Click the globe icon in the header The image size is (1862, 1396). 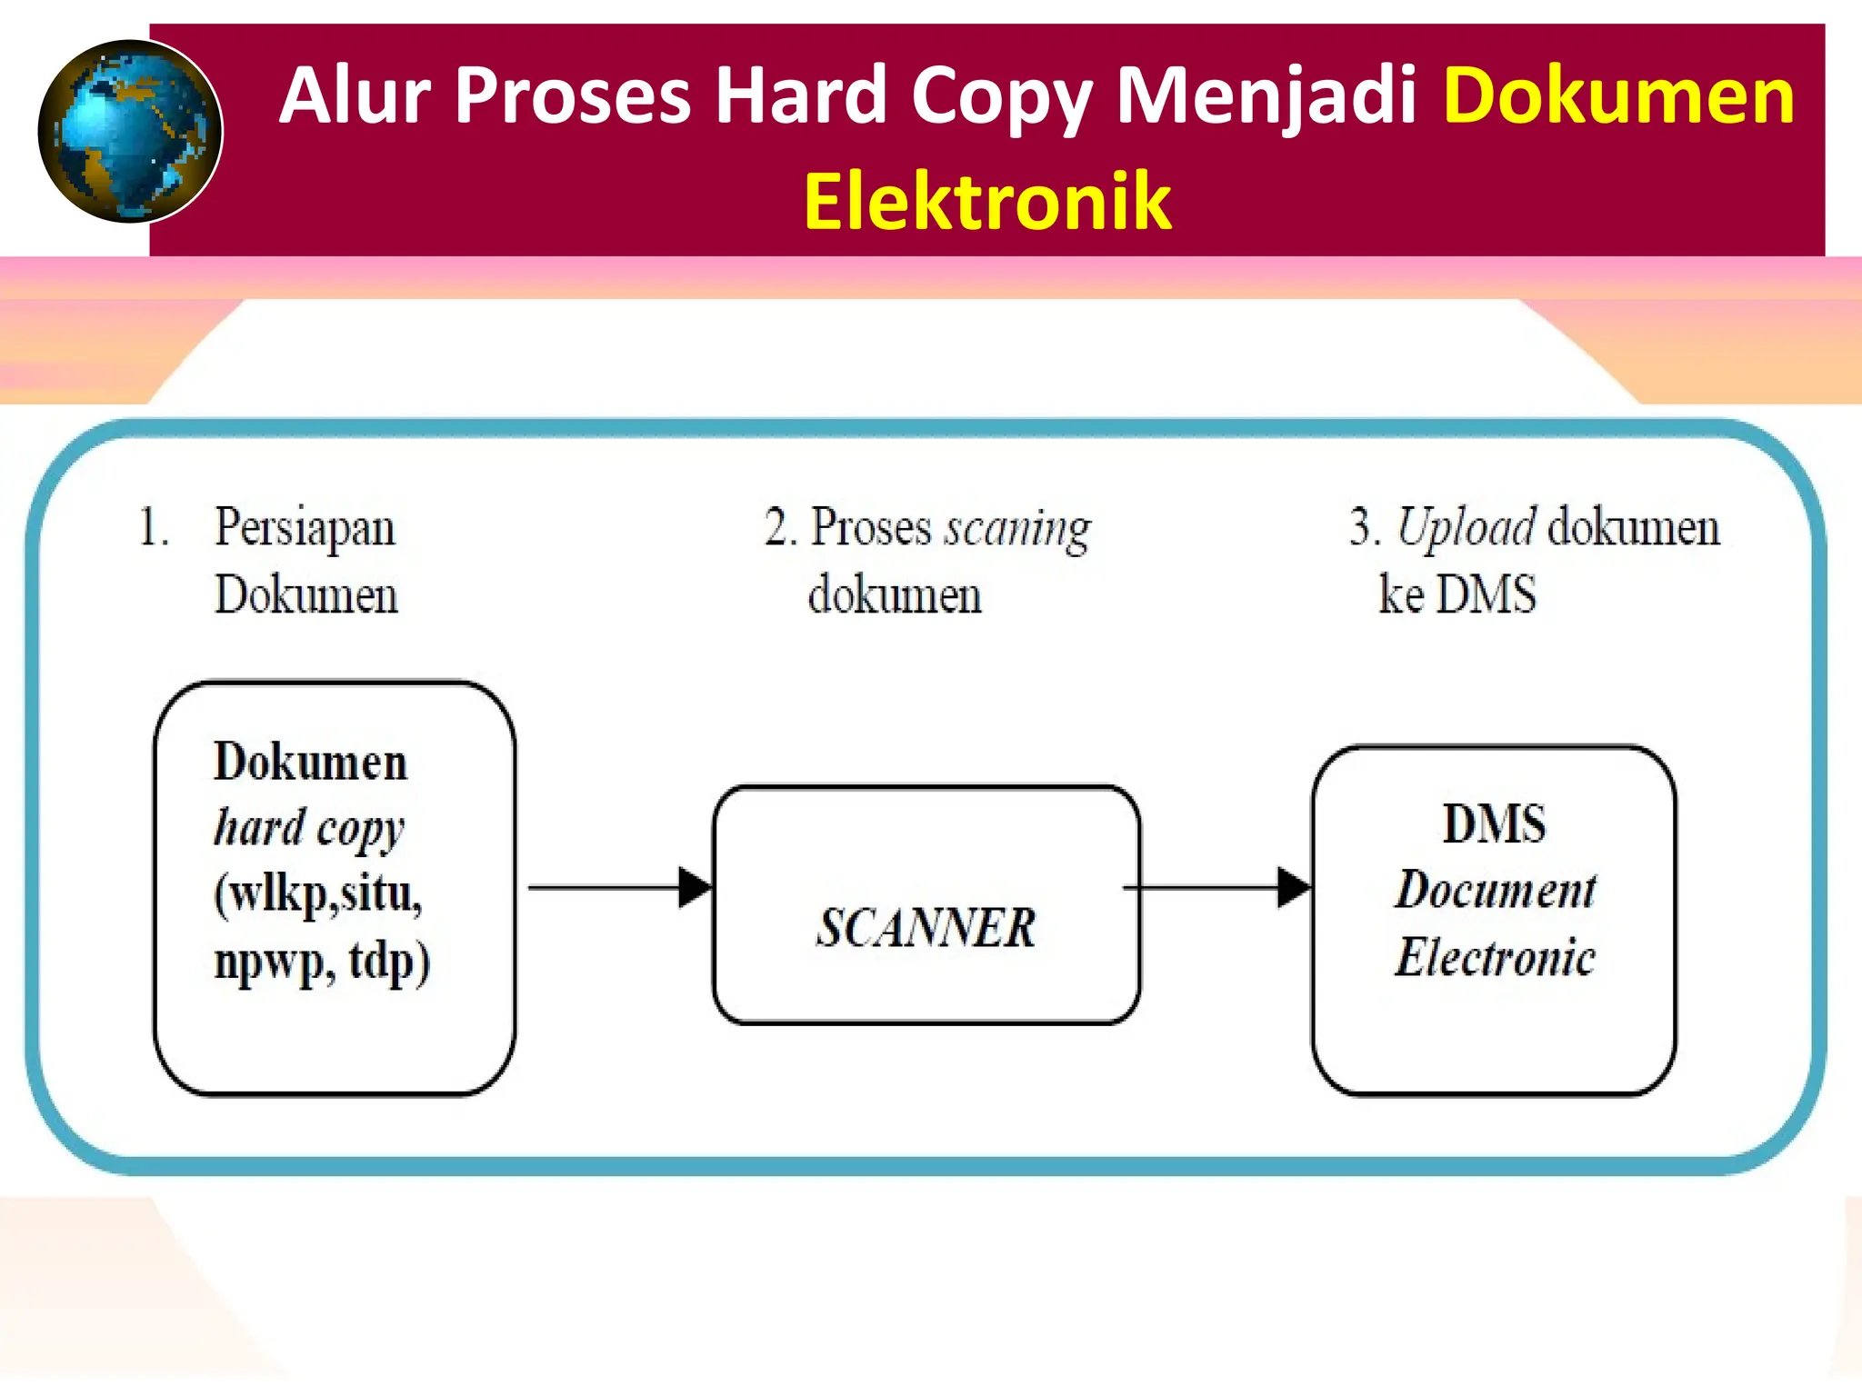(130, 131)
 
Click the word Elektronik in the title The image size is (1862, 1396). (987, 201)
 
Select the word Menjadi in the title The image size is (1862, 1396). (1266, 96)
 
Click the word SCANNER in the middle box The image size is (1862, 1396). (926, 928)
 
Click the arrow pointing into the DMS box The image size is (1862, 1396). (1218, 887)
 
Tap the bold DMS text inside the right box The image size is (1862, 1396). (1494, 823)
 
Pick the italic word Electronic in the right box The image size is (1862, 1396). (1495, 957)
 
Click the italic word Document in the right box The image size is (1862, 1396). (1496, 890)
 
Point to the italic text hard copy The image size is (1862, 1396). (309, 828)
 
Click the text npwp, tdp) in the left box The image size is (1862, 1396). (322, 962)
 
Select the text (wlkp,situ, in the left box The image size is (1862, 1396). (318, 894)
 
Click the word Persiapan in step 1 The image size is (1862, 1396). (305, 528)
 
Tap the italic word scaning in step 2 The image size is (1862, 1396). (1017, 528)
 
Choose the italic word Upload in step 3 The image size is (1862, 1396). (1466, 527)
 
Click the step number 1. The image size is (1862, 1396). (153, 528)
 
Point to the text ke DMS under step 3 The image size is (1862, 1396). (1457, 595)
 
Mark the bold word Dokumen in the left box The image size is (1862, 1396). (310, 762)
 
